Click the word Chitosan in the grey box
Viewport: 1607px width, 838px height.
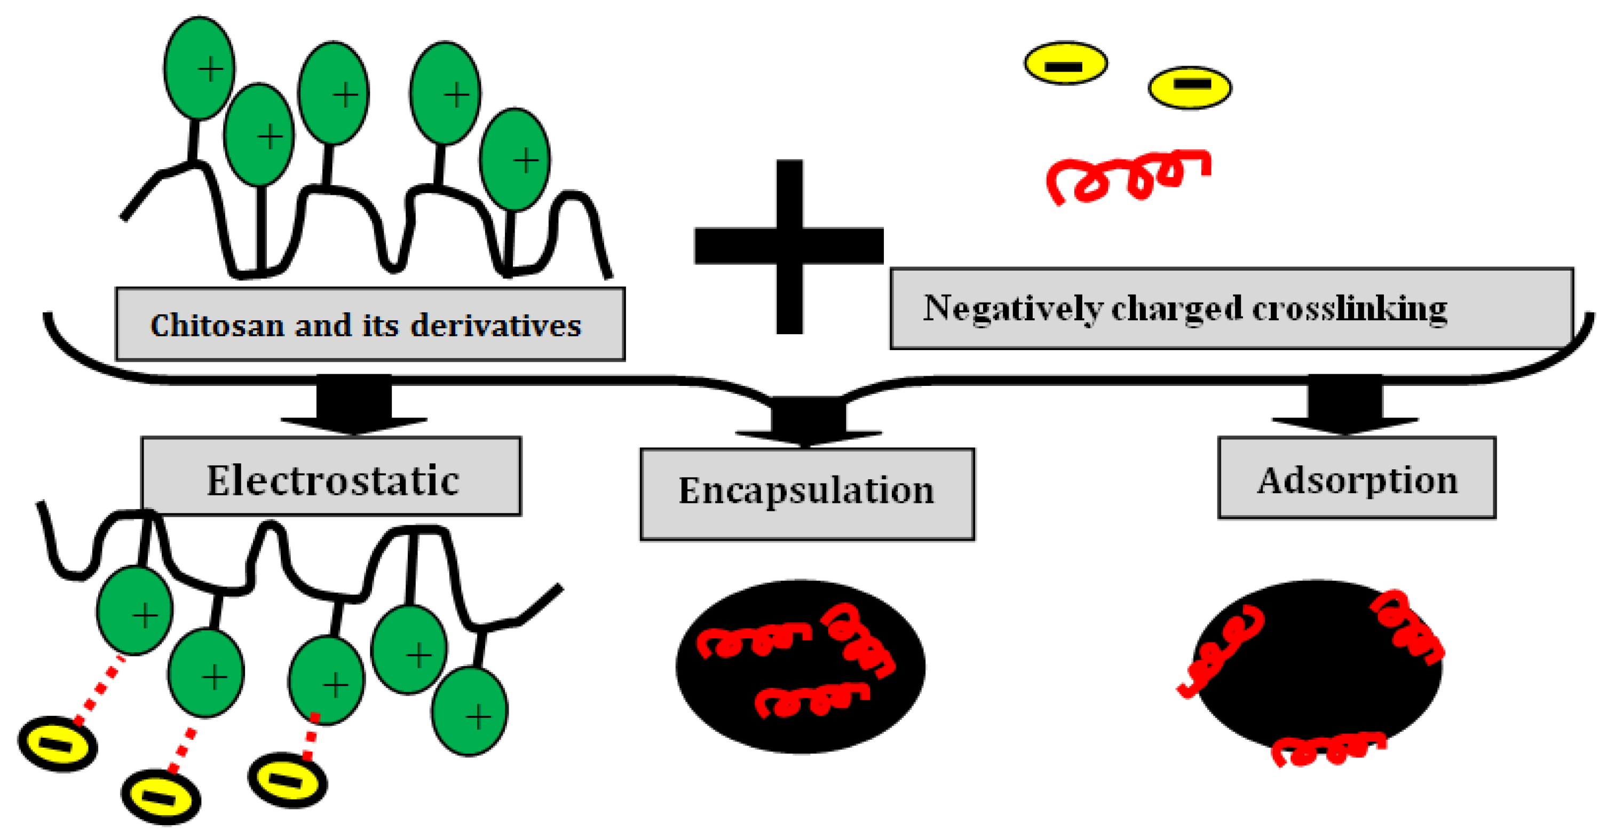pyautogui.click(x=217, y=326)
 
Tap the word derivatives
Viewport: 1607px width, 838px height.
pyautogui.click(x=496, y=326)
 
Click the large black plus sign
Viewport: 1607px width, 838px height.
pyautogui.click(x=789, y=246)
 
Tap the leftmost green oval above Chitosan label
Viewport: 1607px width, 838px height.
pyautogui.click(x=199, y=68)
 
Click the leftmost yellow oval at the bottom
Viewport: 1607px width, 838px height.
pyautogui.click(x=58, y=744)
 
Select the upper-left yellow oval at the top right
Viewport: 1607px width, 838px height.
pyautogui.click(x=1065, y=63)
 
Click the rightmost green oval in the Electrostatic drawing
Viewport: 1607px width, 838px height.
pyautogui.click(x=470, y=711)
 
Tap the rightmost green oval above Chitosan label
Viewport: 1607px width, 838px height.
pyautogui.click(x=514, y=160)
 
